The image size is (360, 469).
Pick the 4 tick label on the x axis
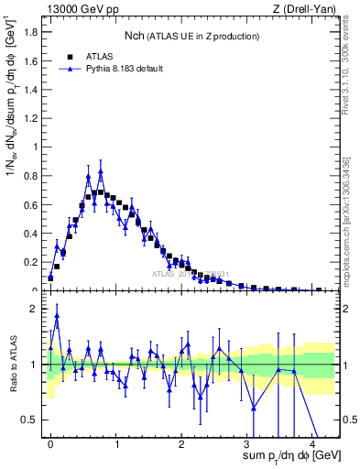pyautogui.click(x=312, y=442)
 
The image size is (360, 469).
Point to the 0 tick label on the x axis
pyautogui.click(x=50, y=442)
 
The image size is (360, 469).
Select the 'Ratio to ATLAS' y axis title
pyautogui.click(x=12, y=364)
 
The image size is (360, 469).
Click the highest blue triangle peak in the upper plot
pyautogui.click(x=101, y=171)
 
